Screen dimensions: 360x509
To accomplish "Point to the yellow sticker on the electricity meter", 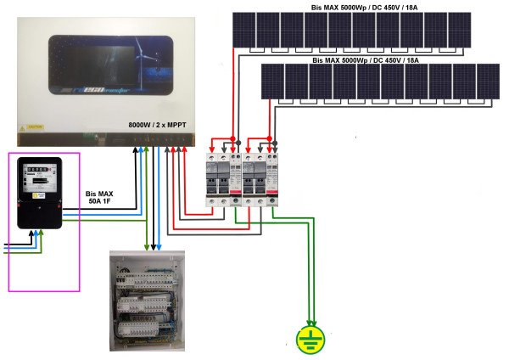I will [x=37, y=194].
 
